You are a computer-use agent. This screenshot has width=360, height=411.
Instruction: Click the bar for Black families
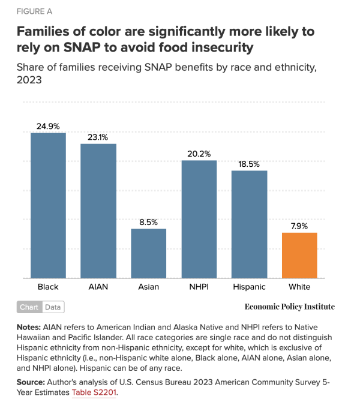tap(48, 205)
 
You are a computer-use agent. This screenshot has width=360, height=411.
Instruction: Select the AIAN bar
tap(98, 211)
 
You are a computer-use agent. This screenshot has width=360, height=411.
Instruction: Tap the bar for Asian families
tap(149, 253)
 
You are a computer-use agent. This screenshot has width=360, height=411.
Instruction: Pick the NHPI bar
tap(199, 219)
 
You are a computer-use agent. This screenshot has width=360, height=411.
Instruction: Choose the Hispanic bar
tap(249, 224)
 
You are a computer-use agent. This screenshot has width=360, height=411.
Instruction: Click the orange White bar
tap(299, 255)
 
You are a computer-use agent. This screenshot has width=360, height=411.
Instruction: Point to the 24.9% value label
tap(48, 126)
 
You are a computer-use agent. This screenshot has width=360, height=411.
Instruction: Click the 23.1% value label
tap(98, 137)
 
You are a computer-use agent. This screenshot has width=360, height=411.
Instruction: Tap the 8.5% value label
tap(149, 221)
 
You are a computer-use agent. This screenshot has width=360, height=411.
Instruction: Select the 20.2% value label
tap(199, 154)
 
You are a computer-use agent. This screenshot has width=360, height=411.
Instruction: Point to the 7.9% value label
tap(299, 226)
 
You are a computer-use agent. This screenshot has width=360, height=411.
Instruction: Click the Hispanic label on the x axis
tap(249, 287)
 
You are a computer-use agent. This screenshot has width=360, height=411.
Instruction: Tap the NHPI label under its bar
tap(199, 287)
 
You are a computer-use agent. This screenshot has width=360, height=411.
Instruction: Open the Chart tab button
tap(29, 307)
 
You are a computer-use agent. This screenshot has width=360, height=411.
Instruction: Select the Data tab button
tap(53, 307)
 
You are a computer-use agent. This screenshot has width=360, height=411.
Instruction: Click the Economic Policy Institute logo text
tap(290, 307)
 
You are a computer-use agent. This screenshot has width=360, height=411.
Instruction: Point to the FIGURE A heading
tap(34, 11)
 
